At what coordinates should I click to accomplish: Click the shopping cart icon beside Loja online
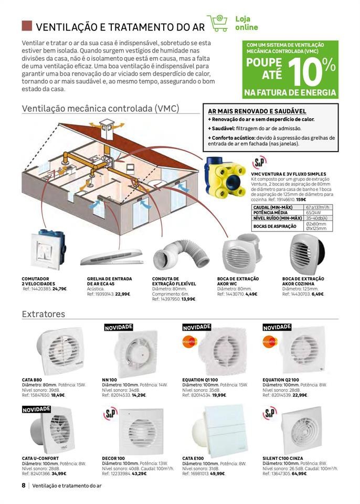click(x=217, y=24)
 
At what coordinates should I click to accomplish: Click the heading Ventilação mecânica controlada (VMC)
click(x=101, y=109)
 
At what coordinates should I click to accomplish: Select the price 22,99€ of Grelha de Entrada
click(x=123, y=294)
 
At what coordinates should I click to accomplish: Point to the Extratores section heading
click(x=44, y=314)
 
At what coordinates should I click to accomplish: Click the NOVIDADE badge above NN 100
click(x=119, y=327)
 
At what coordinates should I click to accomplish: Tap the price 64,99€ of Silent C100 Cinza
click(x=299, y=473)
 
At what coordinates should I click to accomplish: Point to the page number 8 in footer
click(x=24, y=486)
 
